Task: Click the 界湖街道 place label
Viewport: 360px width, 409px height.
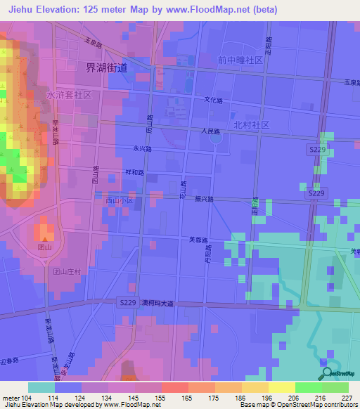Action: point(106,67)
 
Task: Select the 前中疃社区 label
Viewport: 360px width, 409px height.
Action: point(240,60)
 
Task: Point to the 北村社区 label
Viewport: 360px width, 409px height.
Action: point(252,124)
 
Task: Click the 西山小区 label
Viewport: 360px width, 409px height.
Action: point(119,200)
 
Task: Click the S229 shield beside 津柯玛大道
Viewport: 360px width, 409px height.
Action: point(127,302)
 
